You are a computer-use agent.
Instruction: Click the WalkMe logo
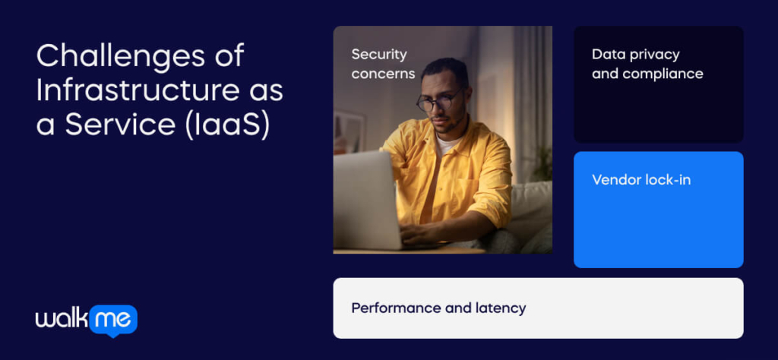pyautogui.click(x=86, y=320)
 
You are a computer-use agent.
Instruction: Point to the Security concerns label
pyautogui.click(x=383, y=64)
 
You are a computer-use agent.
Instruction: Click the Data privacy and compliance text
pyautogui.click(x=647, y=64)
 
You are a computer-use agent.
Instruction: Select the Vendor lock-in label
pyautogui.click(x=640, y=180)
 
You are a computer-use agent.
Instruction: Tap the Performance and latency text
pyautogui.click(x=438, y=308)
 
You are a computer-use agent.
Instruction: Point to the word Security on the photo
pyautogui.click(x=378, y=54)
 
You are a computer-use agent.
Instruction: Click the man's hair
pyautogui.click(x=446, y=70)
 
